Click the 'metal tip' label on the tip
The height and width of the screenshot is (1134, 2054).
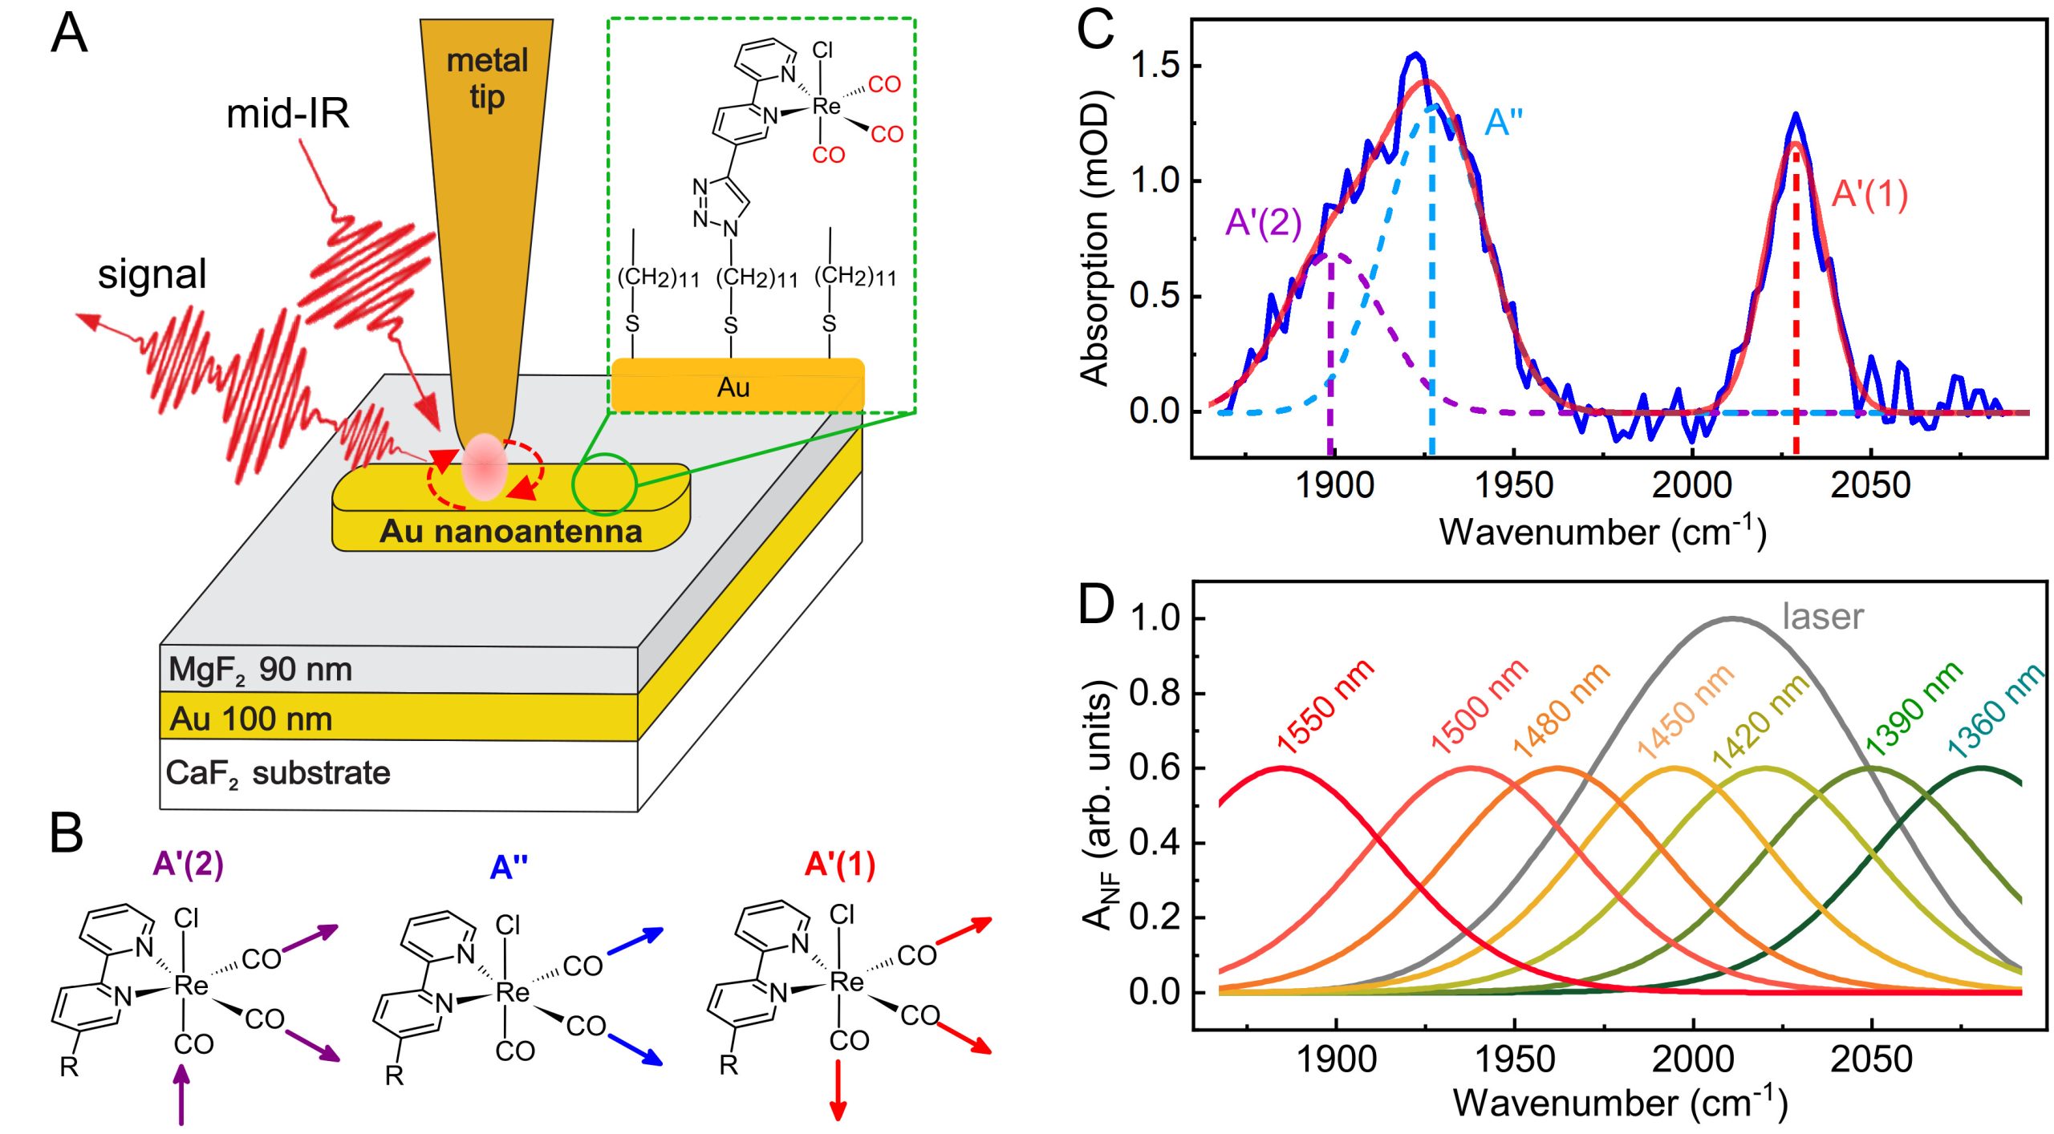[x=486, y=78]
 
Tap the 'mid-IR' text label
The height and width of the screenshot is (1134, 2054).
[x=287, y=114]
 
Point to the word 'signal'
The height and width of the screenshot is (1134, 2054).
[x=152, y=274]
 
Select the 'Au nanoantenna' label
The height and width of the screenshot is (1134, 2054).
[x=510, y=531]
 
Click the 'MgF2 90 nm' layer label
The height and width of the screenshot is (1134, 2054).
[x=260, y=670]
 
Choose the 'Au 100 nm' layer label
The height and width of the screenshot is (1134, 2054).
[x=250, y=719]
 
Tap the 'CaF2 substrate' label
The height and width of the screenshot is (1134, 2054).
[x=278, y=773]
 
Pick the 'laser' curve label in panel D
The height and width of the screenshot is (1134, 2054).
[x=1822, y=617]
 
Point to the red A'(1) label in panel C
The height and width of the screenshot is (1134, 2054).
[x=1869, y=194]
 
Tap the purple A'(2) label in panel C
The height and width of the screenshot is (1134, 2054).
[x=1263, y=222]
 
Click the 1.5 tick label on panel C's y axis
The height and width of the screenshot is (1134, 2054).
[x=1155, y=66]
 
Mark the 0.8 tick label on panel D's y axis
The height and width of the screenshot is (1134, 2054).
[x=1155, y=693]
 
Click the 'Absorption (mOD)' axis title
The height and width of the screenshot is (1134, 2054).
[x=1094, y=239]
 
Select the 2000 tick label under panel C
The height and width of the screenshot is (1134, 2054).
[x=1692, y=486]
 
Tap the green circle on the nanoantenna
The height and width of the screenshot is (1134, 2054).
[x=604, y=484]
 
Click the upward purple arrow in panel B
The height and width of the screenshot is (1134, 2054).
[x=182, y=1094]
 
